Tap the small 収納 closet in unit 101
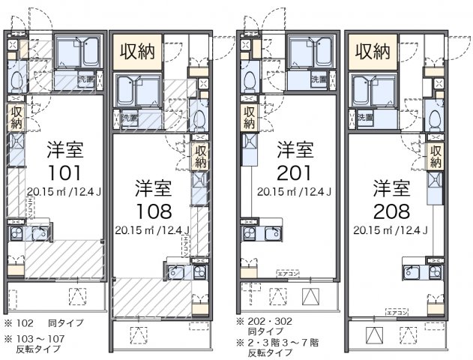[16, 116]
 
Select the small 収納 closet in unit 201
[248, 116]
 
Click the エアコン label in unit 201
[287, 274]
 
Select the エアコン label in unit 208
[397, 310]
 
